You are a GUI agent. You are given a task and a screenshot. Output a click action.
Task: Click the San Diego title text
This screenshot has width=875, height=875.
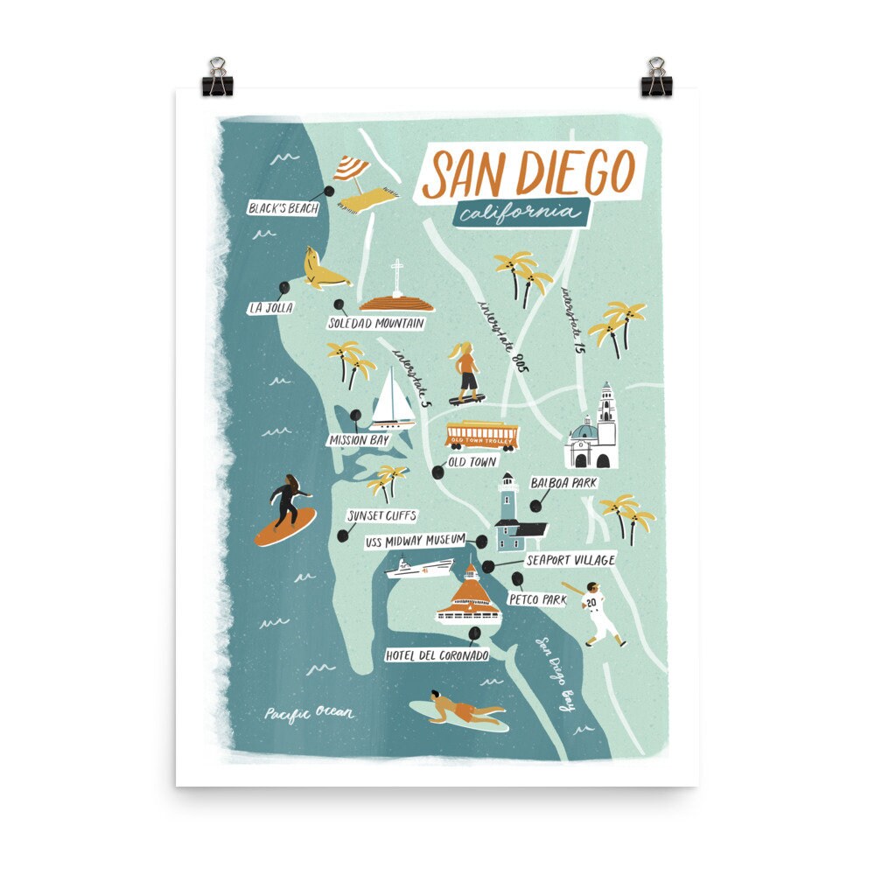coord(532,172)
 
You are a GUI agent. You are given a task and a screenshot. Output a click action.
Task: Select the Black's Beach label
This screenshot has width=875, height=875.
coord(282,208)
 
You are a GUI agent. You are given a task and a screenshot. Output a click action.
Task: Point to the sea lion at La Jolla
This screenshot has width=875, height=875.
coord(322,269)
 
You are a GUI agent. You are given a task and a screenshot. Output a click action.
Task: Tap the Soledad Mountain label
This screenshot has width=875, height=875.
coord(376,323)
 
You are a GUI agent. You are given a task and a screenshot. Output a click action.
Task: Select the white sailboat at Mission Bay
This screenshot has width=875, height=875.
coord(393,398)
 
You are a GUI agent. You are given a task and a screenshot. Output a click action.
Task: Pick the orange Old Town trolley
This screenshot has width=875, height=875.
coord(481,434)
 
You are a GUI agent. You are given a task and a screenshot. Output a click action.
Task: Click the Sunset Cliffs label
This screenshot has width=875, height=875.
coord(381,515)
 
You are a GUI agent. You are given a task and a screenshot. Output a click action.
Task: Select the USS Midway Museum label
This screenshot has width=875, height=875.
coord(414,542)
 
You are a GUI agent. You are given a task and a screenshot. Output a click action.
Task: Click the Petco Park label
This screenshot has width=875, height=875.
coord(536,600)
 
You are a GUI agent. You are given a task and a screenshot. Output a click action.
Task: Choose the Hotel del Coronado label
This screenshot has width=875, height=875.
coord(437,654)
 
